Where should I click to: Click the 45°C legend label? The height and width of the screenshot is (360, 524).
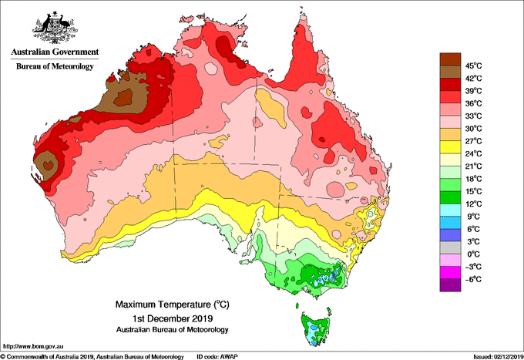[x=474, y=66]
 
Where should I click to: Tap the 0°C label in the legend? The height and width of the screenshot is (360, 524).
[x=474, y=254]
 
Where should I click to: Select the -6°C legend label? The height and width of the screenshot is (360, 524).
[x=473, y=279]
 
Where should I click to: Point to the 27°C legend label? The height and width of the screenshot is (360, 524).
[x=474, y=141]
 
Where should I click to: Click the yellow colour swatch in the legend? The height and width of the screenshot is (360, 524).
[x=450, y=147]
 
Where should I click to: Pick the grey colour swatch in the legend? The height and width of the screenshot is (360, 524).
[x=450, y=247]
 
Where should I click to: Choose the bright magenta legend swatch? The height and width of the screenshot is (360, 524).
[x=450, y=273]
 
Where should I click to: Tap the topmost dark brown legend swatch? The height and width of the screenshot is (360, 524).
[x=450, y=59]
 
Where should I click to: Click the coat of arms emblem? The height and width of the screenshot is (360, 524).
[x=55, y=28]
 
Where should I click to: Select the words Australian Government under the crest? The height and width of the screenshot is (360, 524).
[x=55, y=52]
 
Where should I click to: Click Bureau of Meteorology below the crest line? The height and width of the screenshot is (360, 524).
[x=55, y=66]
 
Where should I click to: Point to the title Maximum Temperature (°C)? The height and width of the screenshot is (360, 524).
[x=173, y=304]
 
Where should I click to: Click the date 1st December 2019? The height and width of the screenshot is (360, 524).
[x=173, y=318]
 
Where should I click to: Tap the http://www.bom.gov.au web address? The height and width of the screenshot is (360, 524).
[x=32, y=347]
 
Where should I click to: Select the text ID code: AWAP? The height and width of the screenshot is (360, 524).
[x=217, y=357]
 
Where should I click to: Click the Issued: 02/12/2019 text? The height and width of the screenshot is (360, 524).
[x=499, y=357]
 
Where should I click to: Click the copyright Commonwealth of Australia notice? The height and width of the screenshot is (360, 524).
[x=92, y=357]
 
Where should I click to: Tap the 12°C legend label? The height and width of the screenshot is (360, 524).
[x=474, y=204]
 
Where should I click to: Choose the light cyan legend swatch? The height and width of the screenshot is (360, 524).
[x=450, y=210]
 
